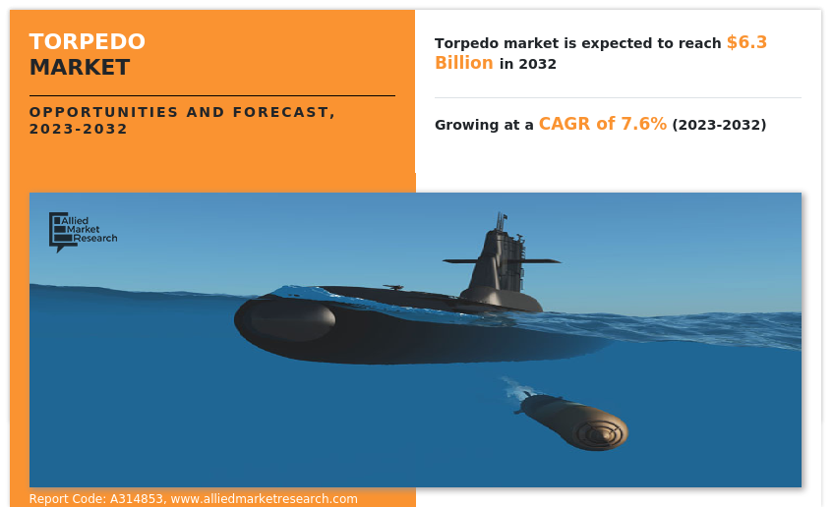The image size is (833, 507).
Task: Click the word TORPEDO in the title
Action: [x=88, y=41]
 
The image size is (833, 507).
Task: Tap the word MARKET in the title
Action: [x=80, y=68]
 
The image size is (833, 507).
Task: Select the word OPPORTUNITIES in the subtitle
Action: [x=103, y=112]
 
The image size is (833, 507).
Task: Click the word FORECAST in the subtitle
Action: [x=280, y=112]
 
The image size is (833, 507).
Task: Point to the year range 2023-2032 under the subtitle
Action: [x=78, y=129]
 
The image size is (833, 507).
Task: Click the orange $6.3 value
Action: [x=746, y=42]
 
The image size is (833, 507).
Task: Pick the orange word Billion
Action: [x=464, y=63]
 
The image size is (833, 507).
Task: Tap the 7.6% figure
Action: [x=644, y=124]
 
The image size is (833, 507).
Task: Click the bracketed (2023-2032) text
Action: [x=719, y=125]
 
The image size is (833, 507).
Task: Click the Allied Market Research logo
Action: [x=83, y=232]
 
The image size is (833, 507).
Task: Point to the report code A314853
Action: [x=137, y=499]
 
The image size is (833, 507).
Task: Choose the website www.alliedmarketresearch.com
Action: [x=264, y=499]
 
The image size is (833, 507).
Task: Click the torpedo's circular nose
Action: [x=599, y=433]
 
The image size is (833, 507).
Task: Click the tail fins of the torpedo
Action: [x=523, y=402]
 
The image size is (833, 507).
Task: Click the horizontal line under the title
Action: [x=212, y=95]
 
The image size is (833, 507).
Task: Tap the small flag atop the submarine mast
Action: [x=505, y=216]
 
